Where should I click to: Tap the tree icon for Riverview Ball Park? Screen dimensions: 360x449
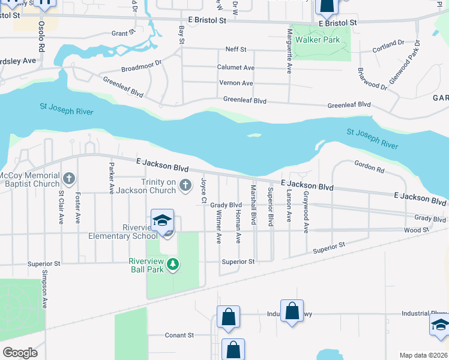[x=173, y=264]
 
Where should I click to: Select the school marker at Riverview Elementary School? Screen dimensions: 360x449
[x=162, y=221]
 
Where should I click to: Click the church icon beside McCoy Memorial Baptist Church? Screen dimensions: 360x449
[x=70, y=178]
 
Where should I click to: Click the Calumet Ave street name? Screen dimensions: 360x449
[x=236, y=68]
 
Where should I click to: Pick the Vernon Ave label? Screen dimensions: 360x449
[x=236, y=83]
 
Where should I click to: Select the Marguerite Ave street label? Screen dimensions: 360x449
[x=289, y=51]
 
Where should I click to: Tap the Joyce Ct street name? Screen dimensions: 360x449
[x=204, y=190]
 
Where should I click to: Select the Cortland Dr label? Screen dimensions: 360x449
[x=388, y=44]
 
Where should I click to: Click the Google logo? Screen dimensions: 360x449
[x=20, y=352]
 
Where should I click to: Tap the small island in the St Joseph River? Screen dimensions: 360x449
[x=254, y=135]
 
